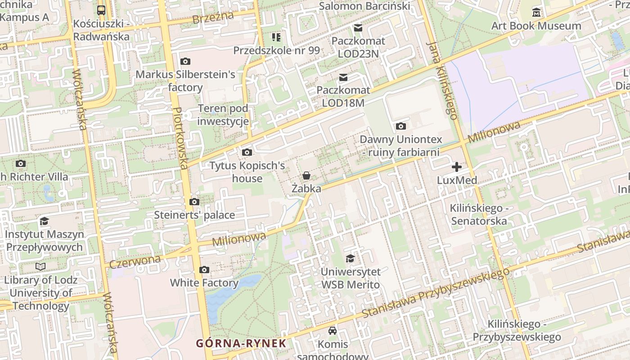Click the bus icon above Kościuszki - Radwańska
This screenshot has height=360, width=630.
[x=101, y=10]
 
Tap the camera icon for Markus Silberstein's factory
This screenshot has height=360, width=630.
[x=185, y=61]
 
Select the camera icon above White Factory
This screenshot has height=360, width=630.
[x=204, y=270]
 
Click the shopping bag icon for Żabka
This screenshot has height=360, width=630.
[x=306, y=175]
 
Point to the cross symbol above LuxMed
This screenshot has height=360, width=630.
[x=457, y=167]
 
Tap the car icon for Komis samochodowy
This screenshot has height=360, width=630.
[x=333, y=331]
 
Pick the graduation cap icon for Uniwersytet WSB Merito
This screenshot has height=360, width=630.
[x=350, y=258]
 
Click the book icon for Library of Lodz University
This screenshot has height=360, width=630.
[x=40, y=266]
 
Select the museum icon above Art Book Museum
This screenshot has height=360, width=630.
[x=536, y=12]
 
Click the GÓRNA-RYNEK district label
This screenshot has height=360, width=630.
[x=241, y=343]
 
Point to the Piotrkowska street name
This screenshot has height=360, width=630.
[x=180, y=138]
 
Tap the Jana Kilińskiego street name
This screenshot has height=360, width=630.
[x=443, y=81]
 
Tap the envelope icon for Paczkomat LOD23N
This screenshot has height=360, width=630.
[x=358, y=28]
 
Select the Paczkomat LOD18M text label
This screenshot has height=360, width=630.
[x=343, y=96]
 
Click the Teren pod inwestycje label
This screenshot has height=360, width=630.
[x=223, y=115]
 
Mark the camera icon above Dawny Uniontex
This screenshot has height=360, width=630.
[x=400, y=126]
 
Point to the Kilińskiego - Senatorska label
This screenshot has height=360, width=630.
[x=479, y=215]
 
